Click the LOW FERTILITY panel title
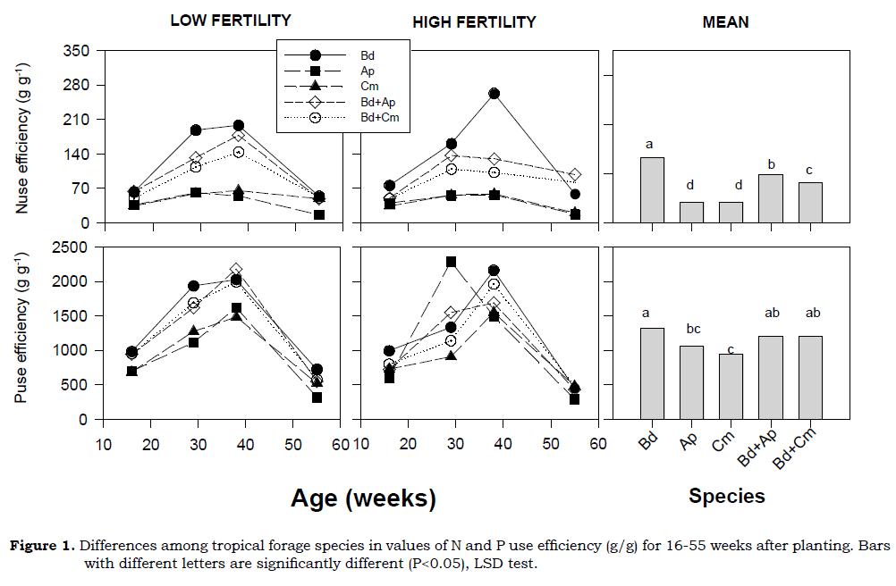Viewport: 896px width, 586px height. [x=231, y=21]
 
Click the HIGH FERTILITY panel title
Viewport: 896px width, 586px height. [x=474, y=22]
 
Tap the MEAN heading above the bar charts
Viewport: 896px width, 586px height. [x=725, y=22]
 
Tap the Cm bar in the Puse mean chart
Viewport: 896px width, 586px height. [x=731, y=386]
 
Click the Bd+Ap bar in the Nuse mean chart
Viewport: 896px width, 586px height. [x=771, y=198]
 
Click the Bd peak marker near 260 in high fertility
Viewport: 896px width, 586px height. [x=494, y=94]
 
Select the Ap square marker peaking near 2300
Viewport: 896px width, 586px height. [x=451, y=262]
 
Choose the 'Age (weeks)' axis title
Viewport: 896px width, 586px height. [x=363, y=498]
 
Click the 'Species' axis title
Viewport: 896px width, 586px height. [x=726, y=496]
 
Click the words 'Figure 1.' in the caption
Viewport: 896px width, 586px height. [x=42, y=547]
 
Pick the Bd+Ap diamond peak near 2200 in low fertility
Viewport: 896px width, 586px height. [x=236, y=269]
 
